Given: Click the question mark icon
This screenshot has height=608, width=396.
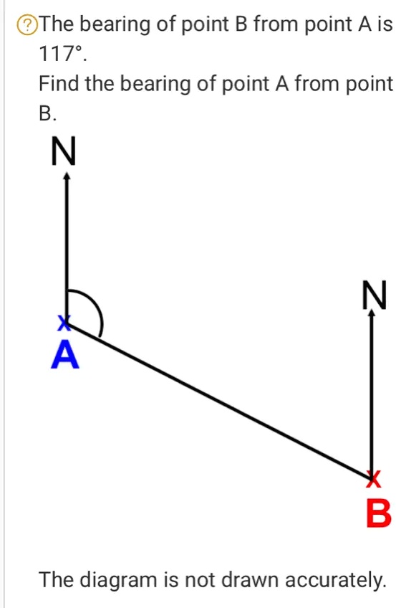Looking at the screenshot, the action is click(27, 27).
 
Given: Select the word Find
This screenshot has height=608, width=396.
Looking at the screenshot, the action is click(59, 84).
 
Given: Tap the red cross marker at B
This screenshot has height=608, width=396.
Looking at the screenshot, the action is click(372, 476).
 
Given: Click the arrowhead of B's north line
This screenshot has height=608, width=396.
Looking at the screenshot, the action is click(372, 316).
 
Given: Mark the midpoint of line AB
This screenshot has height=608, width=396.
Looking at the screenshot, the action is click(219, 399).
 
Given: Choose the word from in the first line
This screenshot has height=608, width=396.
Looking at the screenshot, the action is click(279, 27).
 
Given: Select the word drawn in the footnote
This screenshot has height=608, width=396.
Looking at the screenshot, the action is click(250, 578).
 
